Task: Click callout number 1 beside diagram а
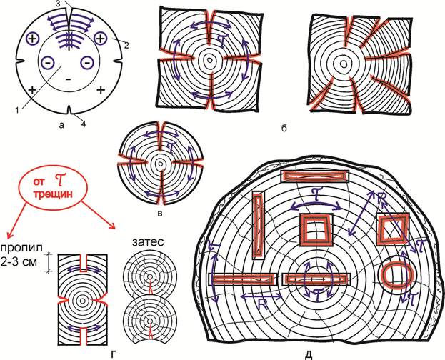coord(17,111)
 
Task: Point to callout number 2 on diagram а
coord(126,46)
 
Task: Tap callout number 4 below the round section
coord(84,124)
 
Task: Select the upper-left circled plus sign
coord(32,39)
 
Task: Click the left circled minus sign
coord(47,62)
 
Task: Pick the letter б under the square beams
coord(284,129)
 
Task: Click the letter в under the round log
coord(160,214)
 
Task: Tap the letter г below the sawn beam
coord(114,354)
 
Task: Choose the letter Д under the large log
coord(309,355)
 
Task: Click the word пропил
coord(21,248)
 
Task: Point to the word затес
coord(149,242)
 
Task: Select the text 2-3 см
coord(19,261)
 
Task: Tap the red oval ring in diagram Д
coord(396,274)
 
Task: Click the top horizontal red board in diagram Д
coord(314,176)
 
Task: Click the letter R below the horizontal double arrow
coord(262,305)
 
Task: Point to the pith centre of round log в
coord(160,164)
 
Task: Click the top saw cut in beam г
coord(84,263)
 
